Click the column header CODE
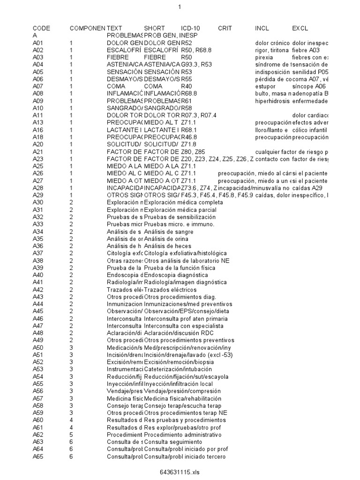pyautogui.click(x=41, y=28)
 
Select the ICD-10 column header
pyautogui.click(x=191, y=28)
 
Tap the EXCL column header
pyautogui.click(x=300, y=28)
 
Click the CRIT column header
pyautogui.click(x=225, y=28)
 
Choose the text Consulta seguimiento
pyautogui.click(x=173, y=442)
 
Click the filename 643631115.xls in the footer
pyautogui.click(x=180, y=472)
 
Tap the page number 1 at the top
pyautogui.click(x=180, y=7)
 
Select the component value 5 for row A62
pyautogui.click(x=71, y=435)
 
